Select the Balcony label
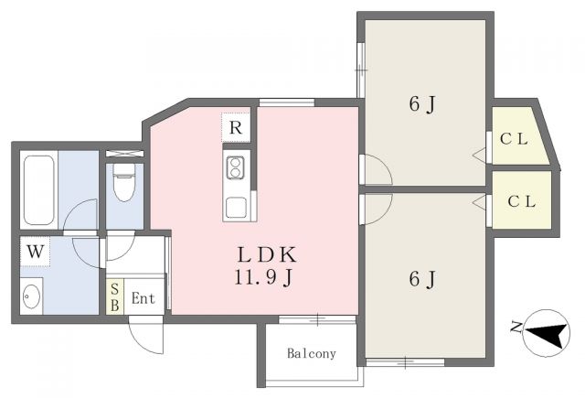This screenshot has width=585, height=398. (312, 353)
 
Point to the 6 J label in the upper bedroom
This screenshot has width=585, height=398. (421, 105)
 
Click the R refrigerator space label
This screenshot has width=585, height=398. (235, 128)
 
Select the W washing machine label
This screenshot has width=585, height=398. (35, 251)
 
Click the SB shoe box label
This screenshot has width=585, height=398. (114, 298)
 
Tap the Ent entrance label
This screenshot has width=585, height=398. (143, 298)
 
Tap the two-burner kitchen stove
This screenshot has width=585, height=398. (235, 167)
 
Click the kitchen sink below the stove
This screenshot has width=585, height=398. (235, 206)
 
